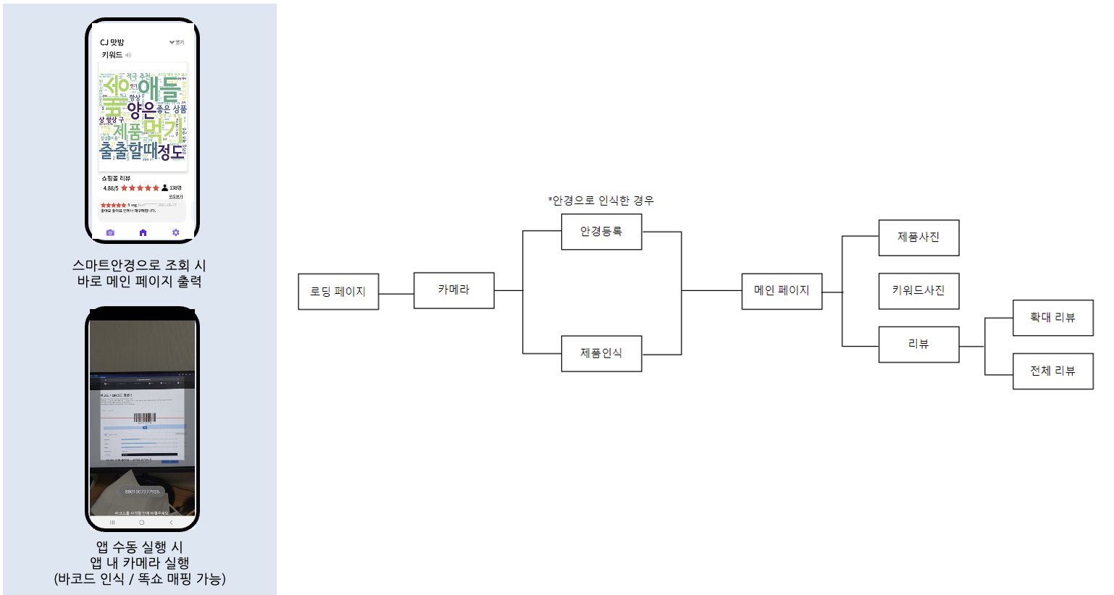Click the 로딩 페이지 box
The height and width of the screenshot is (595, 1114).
[x=338, y=292]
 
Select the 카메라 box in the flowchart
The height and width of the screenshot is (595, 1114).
[x=453, y=290]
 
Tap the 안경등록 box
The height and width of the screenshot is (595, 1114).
[x=601, y=232]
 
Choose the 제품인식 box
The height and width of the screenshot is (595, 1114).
[x=601, y=353]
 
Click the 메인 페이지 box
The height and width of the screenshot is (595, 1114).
[x=782, y=291]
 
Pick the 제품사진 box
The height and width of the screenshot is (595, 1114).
[x=918, y=237]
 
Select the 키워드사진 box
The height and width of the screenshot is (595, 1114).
[x=918, y=291]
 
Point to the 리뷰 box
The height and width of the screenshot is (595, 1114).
[x=918, y=345]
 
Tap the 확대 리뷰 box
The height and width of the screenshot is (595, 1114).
[x=1052, y=318]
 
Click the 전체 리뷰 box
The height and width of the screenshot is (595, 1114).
[x=1052, y=371]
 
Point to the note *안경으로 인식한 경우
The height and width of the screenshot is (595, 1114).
[x=600, y=201]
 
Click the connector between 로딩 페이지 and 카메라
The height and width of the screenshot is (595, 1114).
[x=396, y=294]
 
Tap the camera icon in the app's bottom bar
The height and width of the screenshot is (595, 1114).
[x=110, y=232]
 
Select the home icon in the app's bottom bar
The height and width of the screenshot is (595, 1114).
[x=143, y=232]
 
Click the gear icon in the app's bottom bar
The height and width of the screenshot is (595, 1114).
[x=175, y=232]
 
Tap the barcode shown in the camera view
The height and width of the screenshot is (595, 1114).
[x=144, y=418]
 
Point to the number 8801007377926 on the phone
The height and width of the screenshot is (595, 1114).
[x=142, y=491]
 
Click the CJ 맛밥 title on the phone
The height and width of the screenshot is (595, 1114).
[x=112, y=43]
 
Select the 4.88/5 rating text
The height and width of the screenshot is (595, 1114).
[x=111, y=188]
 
